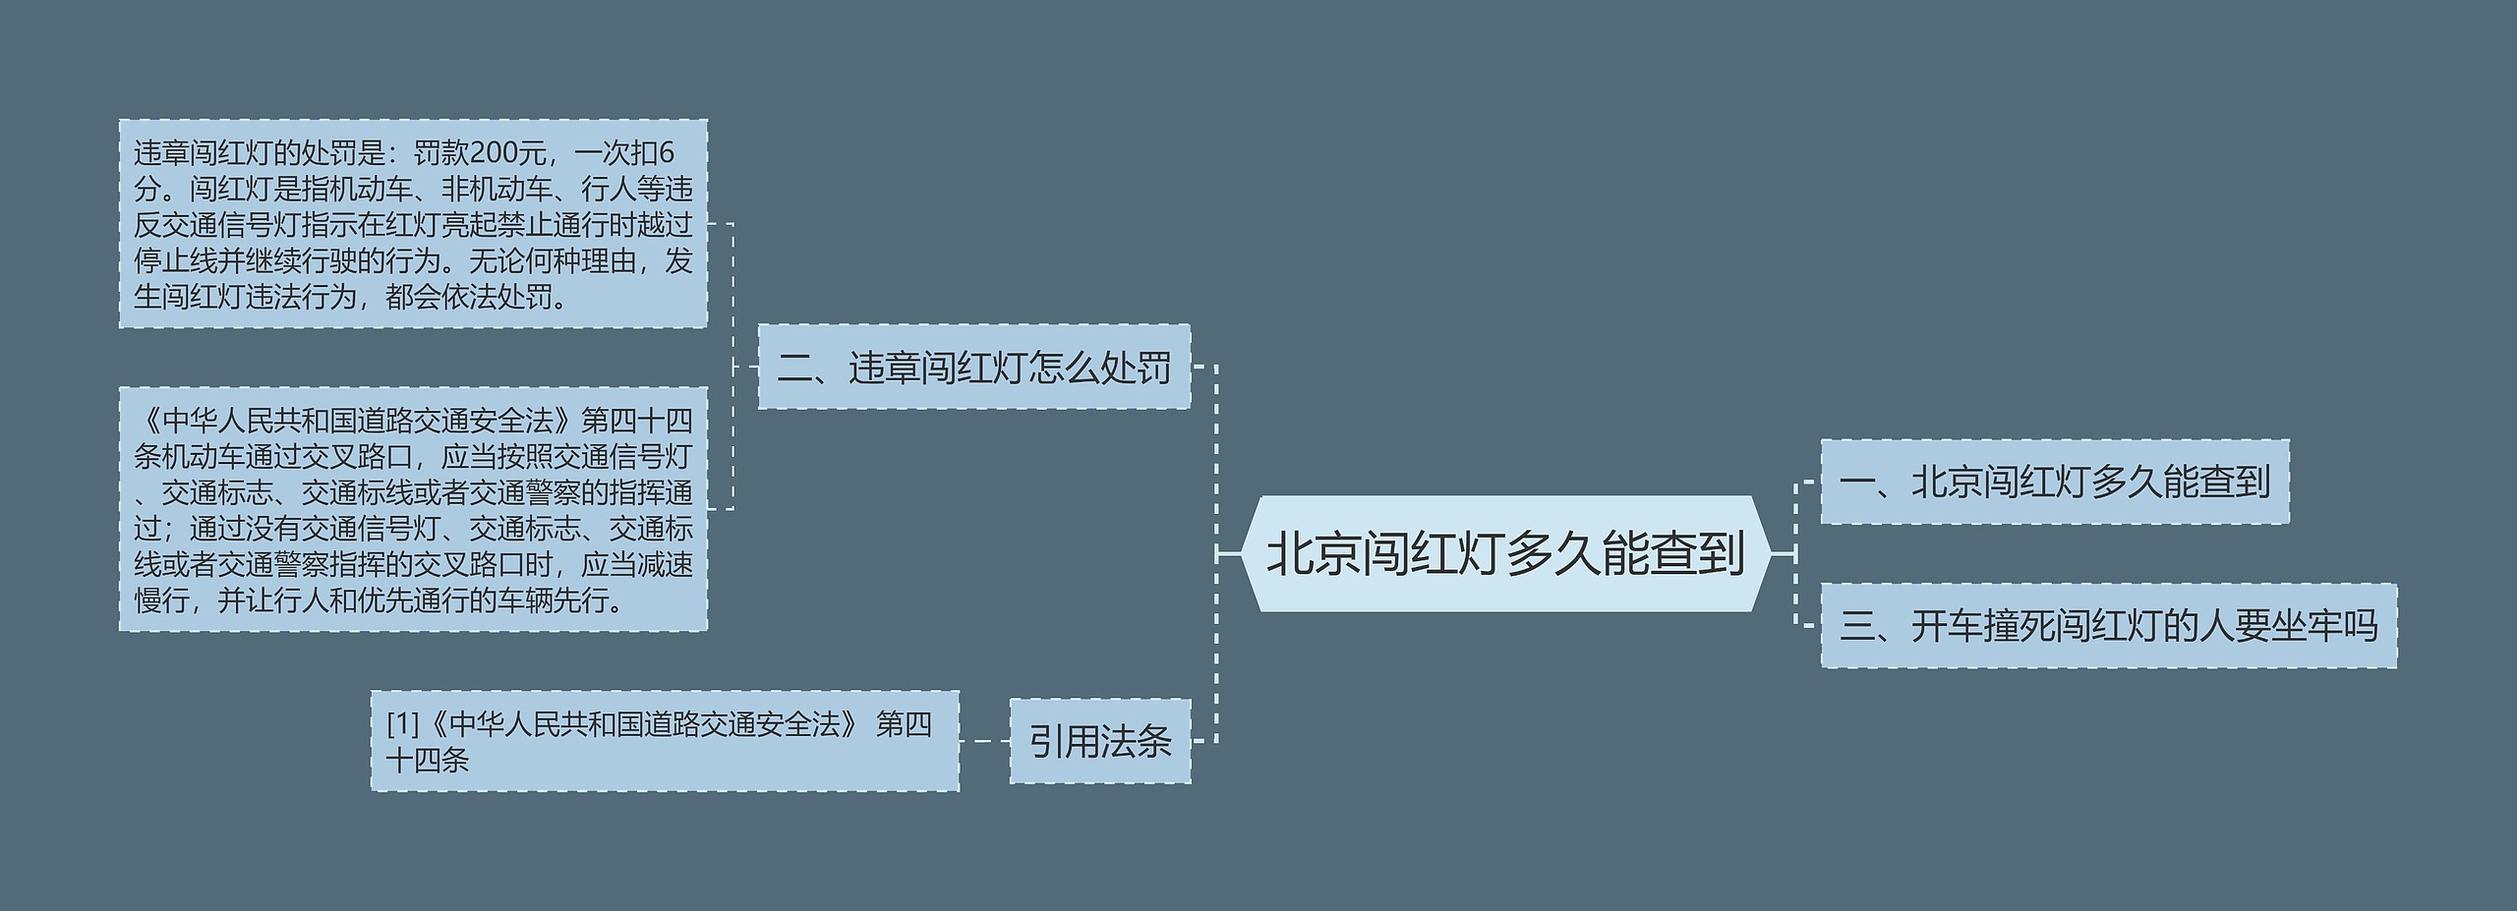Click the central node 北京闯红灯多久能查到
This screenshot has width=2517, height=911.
tap(1505, 553)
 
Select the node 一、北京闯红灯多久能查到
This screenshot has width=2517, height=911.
tap(2054, 482)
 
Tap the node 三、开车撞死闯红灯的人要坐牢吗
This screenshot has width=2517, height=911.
tap(2108, 626)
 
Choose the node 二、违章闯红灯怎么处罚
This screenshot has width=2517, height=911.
tap(973, 368)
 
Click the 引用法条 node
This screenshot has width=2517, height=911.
tap(1099, 741)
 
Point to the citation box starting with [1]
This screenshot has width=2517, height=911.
tap(665, 741)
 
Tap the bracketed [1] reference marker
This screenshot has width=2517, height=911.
tap(402, 724)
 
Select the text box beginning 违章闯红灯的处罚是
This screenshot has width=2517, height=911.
tap(413, 224)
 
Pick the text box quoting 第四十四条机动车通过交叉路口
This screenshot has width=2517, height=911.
tap(413, 509)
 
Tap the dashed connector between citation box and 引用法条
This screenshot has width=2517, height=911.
tap(984, 741)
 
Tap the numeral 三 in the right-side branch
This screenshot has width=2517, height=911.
tap(1856, 626)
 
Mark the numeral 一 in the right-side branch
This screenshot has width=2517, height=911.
tap(1856, 482)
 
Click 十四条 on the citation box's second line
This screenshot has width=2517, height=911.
tap(428, 760)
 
